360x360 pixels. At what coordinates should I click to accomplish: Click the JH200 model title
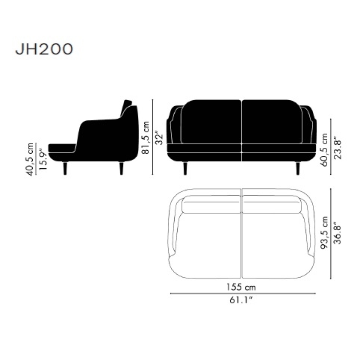(44, 49)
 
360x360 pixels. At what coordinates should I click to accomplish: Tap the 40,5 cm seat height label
(30, 159)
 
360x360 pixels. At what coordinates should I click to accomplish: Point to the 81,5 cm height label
(146, 137)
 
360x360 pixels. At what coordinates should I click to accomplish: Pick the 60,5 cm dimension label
(324, 150)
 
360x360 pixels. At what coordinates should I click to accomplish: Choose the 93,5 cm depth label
(324, 233)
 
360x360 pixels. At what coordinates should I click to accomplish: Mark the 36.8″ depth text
(338, 233)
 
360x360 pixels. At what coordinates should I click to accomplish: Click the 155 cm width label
(241, 287)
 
